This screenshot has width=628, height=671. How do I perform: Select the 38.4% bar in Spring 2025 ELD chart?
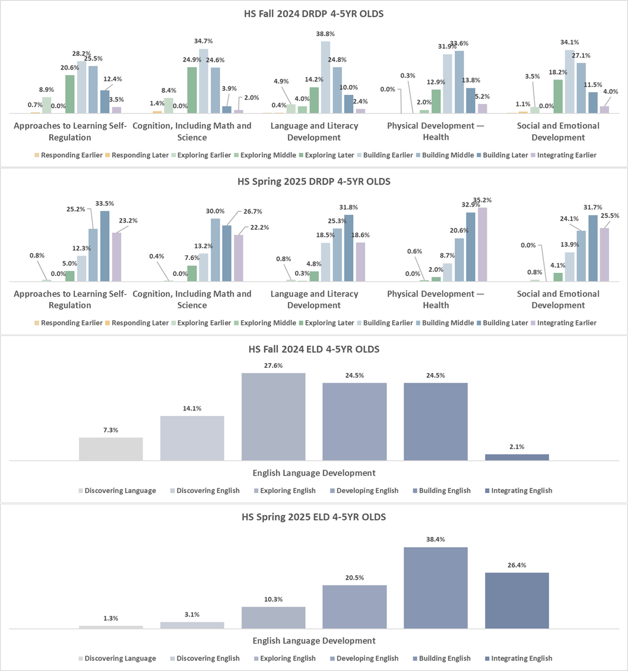pyautogui.click(x=436, y=587)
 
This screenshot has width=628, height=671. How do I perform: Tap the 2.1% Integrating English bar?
pyautogui.click(x=516, y=457)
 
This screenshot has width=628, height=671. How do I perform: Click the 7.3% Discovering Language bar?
pyautogui.click(x=111, y=449)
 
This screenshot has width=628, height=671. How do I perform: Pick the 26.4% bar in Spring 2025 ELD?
pyautogui.click(x=516, y=600)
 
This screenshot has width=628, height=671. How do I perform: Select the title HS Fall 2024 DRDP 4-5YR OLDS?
pyautogui.click(x=313, y=14)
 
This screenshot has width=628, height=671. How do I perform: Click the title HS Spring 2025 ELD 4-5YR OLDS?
pyautogui.click(x=313, y=517)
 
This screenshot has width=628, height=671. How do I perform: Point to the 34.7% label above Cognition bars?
pyautogui.click(x=203, y=41)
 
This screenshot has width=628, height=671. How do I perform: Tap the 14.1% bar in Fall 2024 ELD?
pyautogui.click(x=192, y=438)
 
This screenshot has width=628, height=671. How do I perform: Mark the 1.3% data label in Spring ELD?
pyautogui.click(x=111, y=618)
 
